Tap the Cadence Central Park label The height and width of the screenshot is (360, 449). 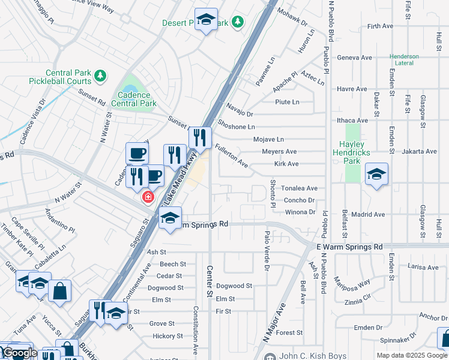(x=137, y=99)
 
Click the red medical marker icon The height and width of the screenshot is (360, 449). (x=146, y=197)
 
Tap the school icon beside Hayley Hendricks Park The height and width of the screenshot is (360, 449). (x=376, y=174)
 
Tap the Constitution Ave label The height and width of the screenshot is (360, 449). (x=196, y=331)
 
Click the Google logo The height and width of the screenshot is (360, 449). (x=20, y=353)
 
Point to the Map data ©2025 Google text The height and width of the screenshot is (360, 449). (x=411, y=355)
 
